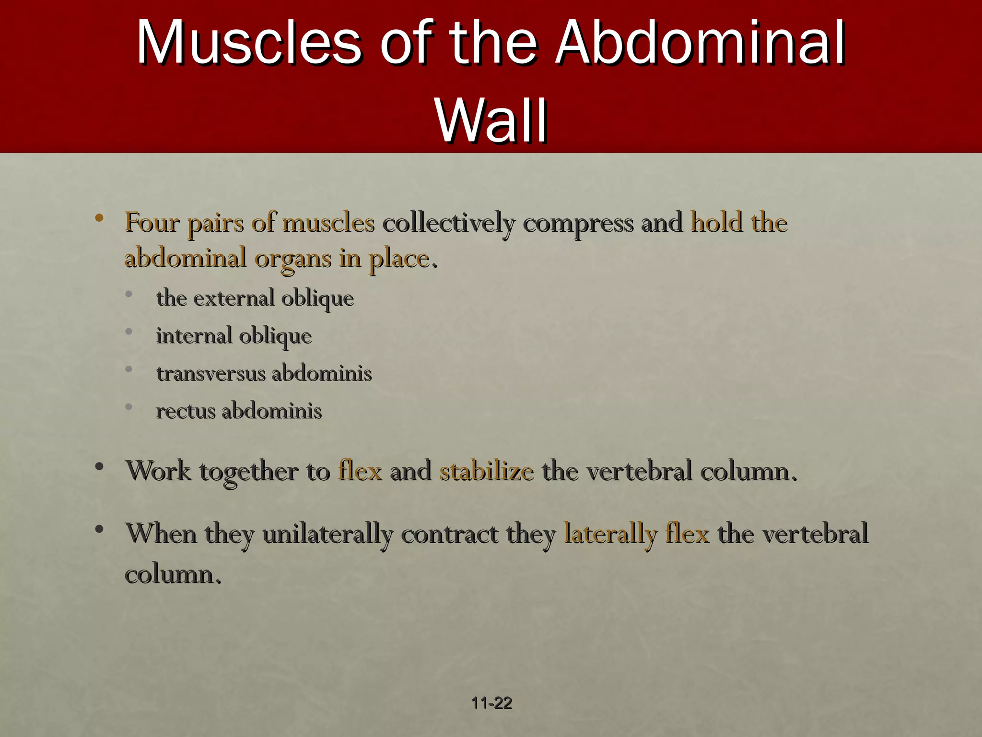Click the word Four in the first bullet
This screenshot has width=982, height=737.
click(x=152, y=223)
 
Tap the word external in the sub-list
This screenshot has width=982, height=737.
click(x=234, y=298)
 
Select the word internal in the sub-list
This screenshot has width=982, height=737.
click(x=194, y=335)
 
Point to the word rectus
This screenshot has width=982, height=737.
click(x=186, y=411)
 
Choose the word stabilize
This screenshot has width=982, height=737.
click(x=487, y=471)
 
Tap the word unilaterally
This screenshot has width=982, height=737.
click(x=327, y=534)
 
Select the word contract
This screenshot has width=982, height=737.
click(x=449, y=534)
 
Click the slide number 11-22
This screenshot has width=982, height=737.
click(x=491, y=703)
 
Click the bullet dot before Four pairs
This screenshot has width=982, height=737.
click(x=99, y=218)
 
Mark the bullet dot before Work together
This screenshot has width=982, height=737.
click(x=99, y=467)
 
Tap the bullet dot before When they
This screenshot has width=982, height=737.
click(x=99, y=529)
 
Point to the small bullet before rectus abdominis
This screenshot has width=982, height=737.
click(x=129, y=407)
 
